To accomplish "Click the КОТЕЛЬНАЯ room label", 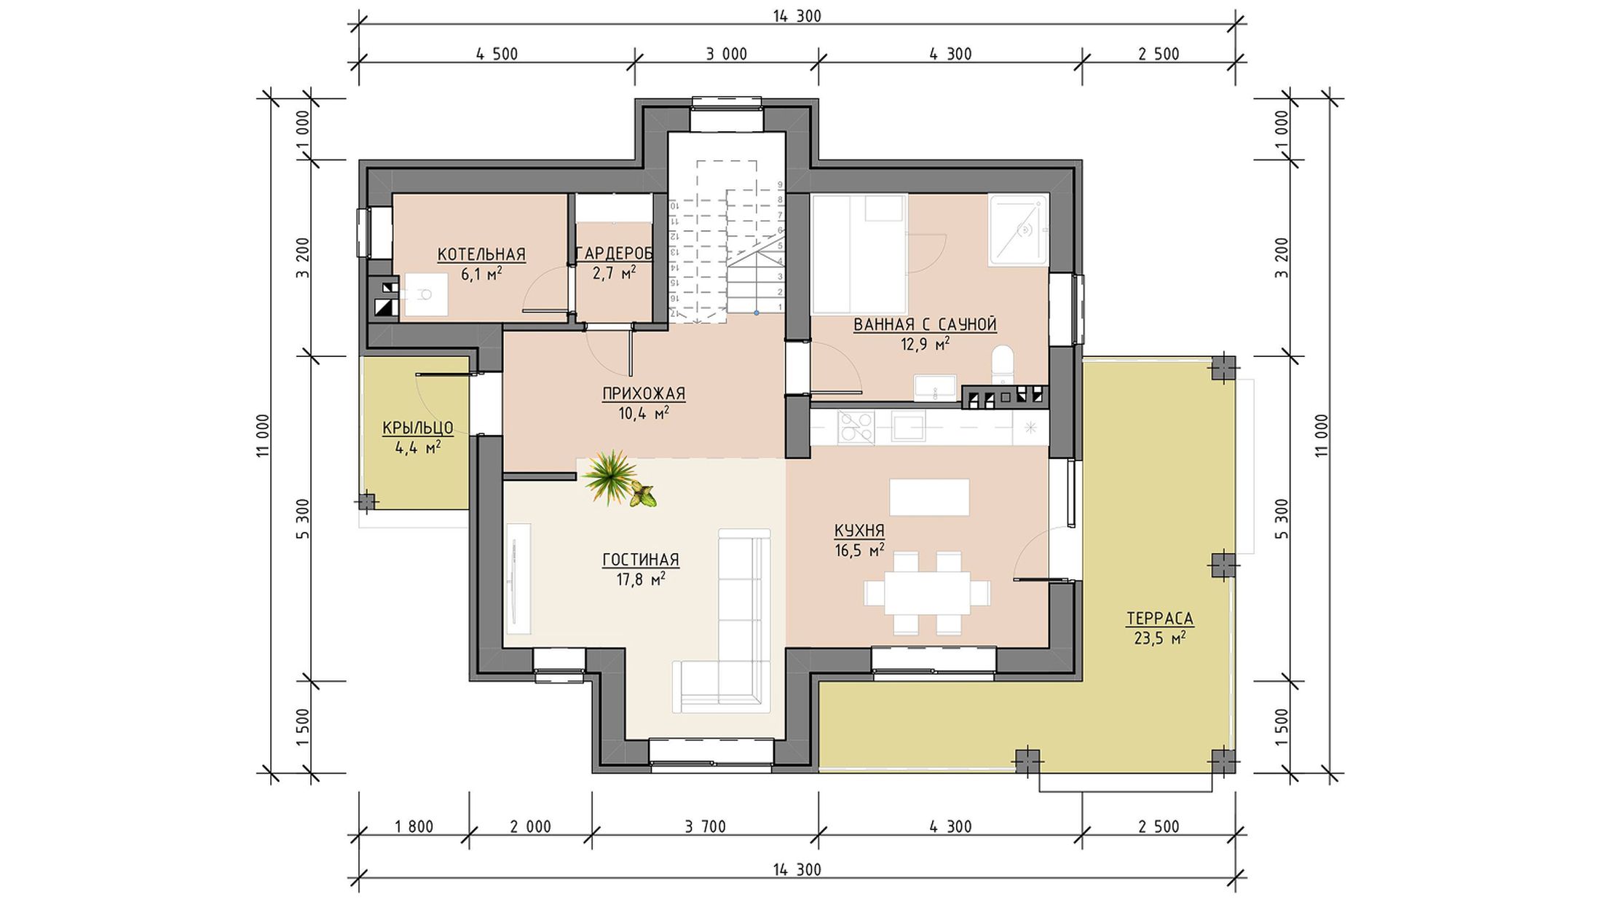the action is pos(481,254).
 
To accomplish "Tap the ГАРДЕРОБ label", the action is pos(614,254).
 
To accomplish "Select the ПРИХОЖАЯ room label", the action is pos(644,394).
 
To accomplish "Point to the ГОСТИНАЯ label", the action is pos(641,560).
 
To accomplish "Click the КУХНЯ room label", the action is pos(859,530).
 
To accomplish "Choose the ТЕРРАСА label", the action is pos(1160,619).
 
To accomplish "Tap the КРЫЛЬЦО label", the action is pos(418,428).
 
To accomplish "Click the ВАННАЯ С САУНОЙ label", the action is pos(925,324).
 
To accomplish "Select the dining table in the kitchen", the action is pos(928,593).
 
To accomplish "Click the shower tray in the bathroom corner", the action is pos(1018,230).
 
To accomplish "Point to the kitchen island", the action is pos(929,497).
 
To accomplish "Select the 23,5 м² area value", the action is pos(1160,639).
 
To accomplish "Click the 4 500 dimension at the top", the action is pos(497,54).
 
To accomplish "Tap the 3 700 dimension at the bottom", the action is pos(705,826).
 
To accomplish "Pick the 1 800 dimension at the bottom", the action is pos(414,826).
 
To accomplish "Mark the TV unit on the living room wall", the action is pos(518,579).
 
